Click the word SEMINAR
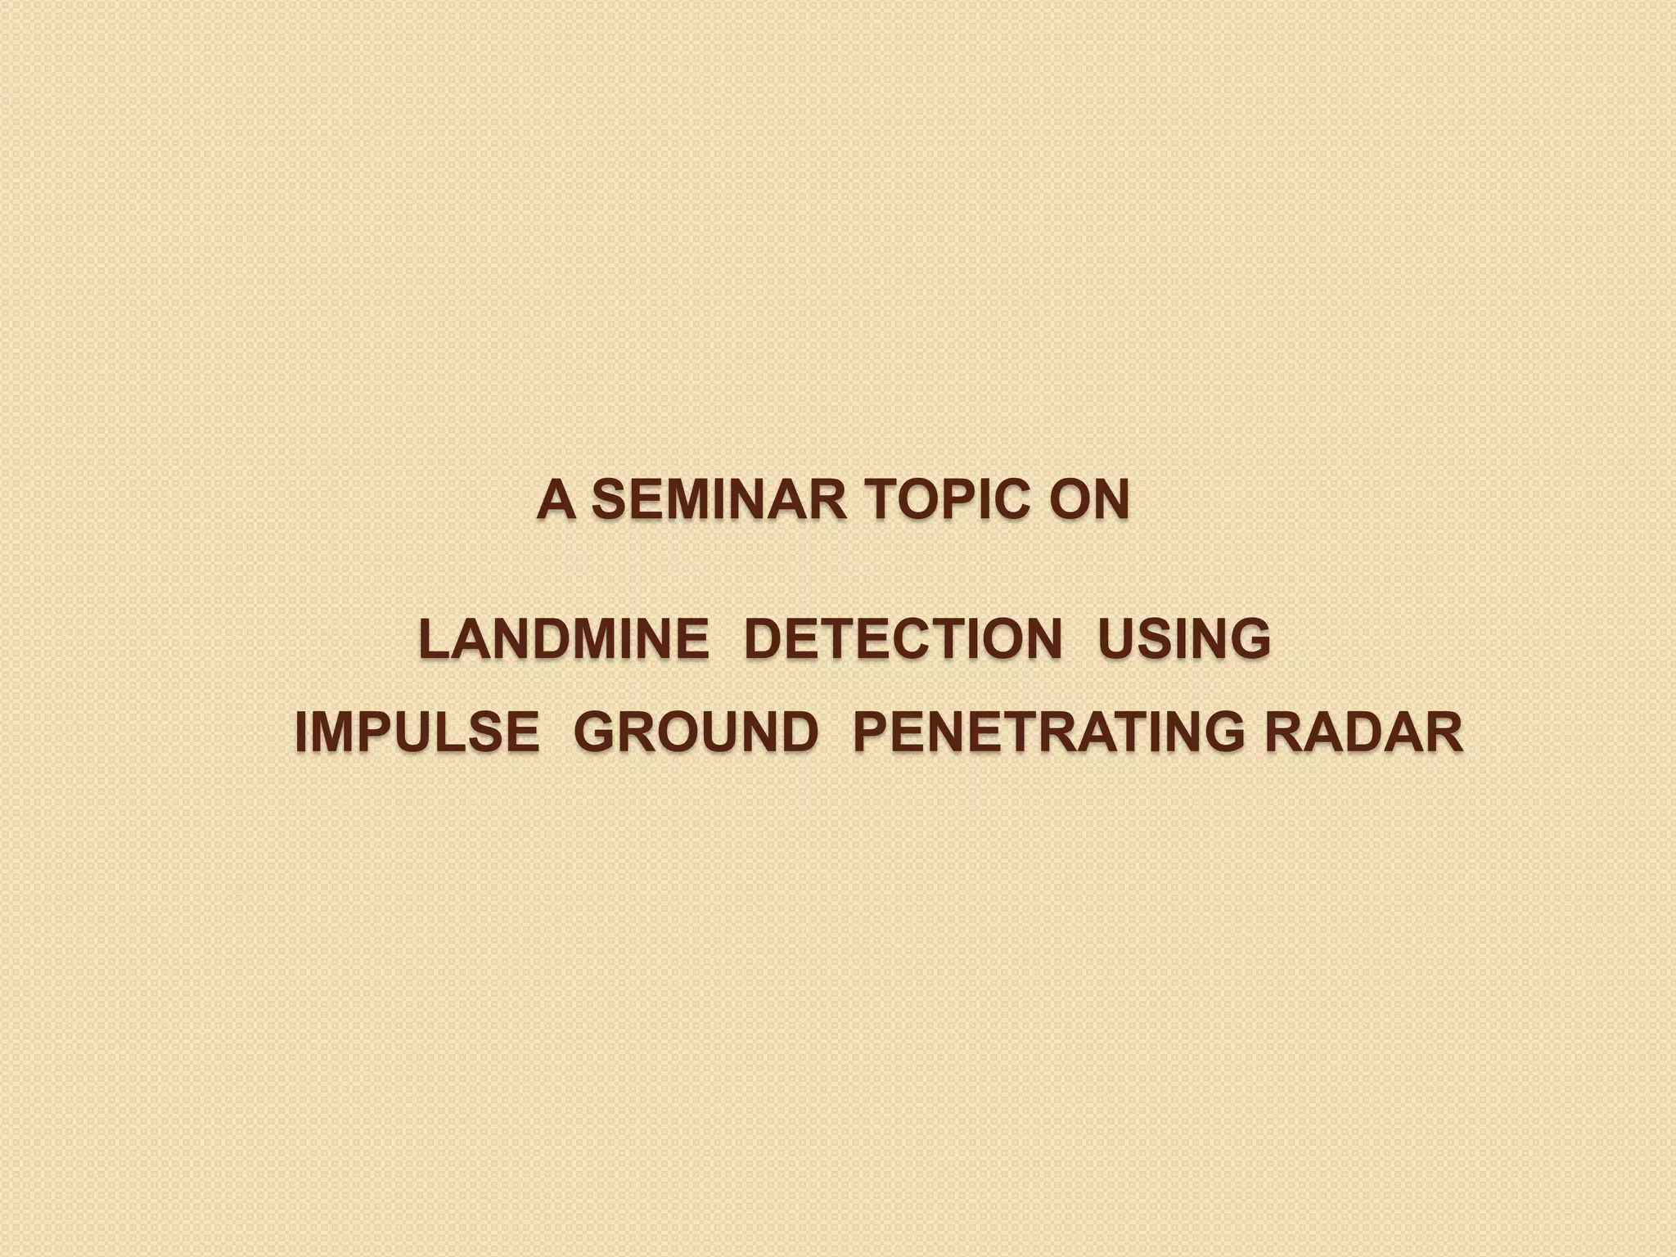719,500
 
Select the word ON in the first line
1089,500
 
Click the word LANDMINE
564,639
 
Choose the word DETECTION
903,639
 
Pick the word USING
1184,639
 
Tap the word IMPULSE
417,732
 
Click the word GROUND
696,732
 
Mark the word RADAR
1363,732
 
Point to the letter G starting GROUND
594,732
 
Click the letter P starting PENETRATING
871,732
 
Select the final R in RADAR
1444,732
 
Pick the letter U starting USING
1116,639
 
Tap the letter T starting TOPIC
880,500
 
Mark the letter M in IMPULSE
333,732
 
